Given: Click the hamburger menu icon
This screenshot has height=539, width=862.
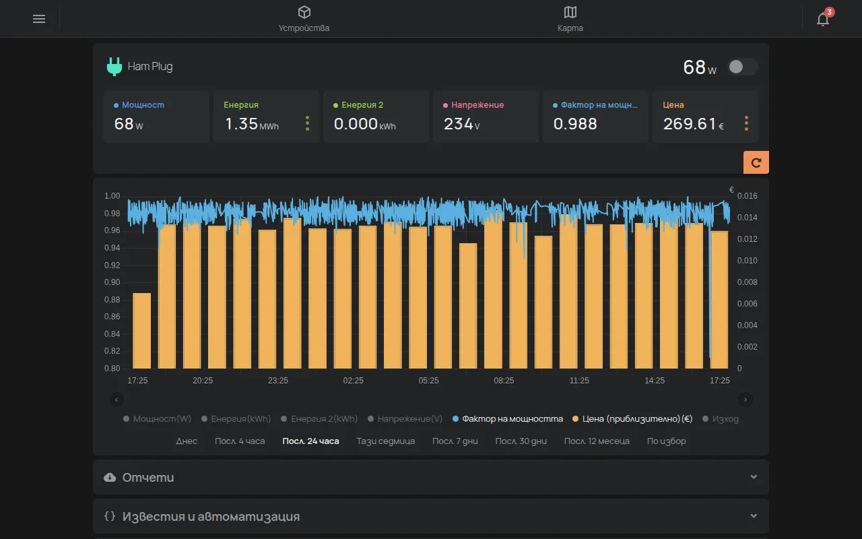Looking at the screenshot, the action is tap(39, 19).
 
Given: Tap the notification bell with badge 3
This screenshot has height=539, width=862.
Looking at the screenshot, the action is tap(823, 18).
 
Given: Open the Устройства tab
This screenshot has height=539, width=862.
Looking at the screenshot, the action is tap(304, 19).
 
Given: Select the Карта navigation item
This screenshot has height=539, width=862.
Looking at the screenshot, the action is tap(570, 19).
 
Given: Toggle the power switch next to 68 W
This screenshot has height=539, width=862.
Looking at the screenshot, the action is tap(743, 67).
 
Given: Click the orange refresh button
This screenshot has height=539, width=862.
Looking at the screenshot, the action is tap(756, 162).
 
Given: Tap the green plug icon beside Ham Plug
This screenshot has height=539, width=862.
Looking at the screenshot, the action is tap(114, 66).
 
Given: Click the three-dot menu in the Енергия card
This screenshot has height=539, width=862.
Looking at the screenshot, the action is tap(307, 123).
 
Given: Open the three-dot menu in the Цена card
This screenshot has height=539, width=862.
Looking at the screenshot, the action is tap(746, 123).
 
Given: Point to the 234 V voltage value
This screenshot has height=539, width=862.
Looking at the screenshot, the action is tap(461, 124).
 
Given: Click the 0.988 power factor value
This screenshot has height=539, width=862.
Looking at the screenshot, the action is tap(575, 124).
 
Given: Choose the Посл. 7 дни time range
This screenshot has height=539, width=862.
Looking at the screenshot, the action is tap(455, 441).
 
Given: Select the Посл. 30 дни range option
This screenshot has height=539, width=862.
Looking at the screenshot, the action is tap(521, 441).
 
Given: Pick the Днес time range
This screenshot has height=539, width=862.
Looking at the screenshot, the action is tap(187, 441).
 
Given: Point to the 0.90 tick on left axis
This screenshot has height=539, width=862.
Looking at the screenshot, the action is tap(112, 282).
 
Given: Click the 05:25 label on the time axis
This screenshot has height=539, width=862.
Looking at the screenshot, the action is tap(428, 381).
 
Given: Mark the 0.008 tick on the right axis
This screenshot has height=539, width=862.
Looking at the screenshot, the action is tap(747, 282).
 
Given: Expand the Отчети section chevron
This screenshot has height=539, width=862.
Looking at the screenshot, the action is tap(754, 477).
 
